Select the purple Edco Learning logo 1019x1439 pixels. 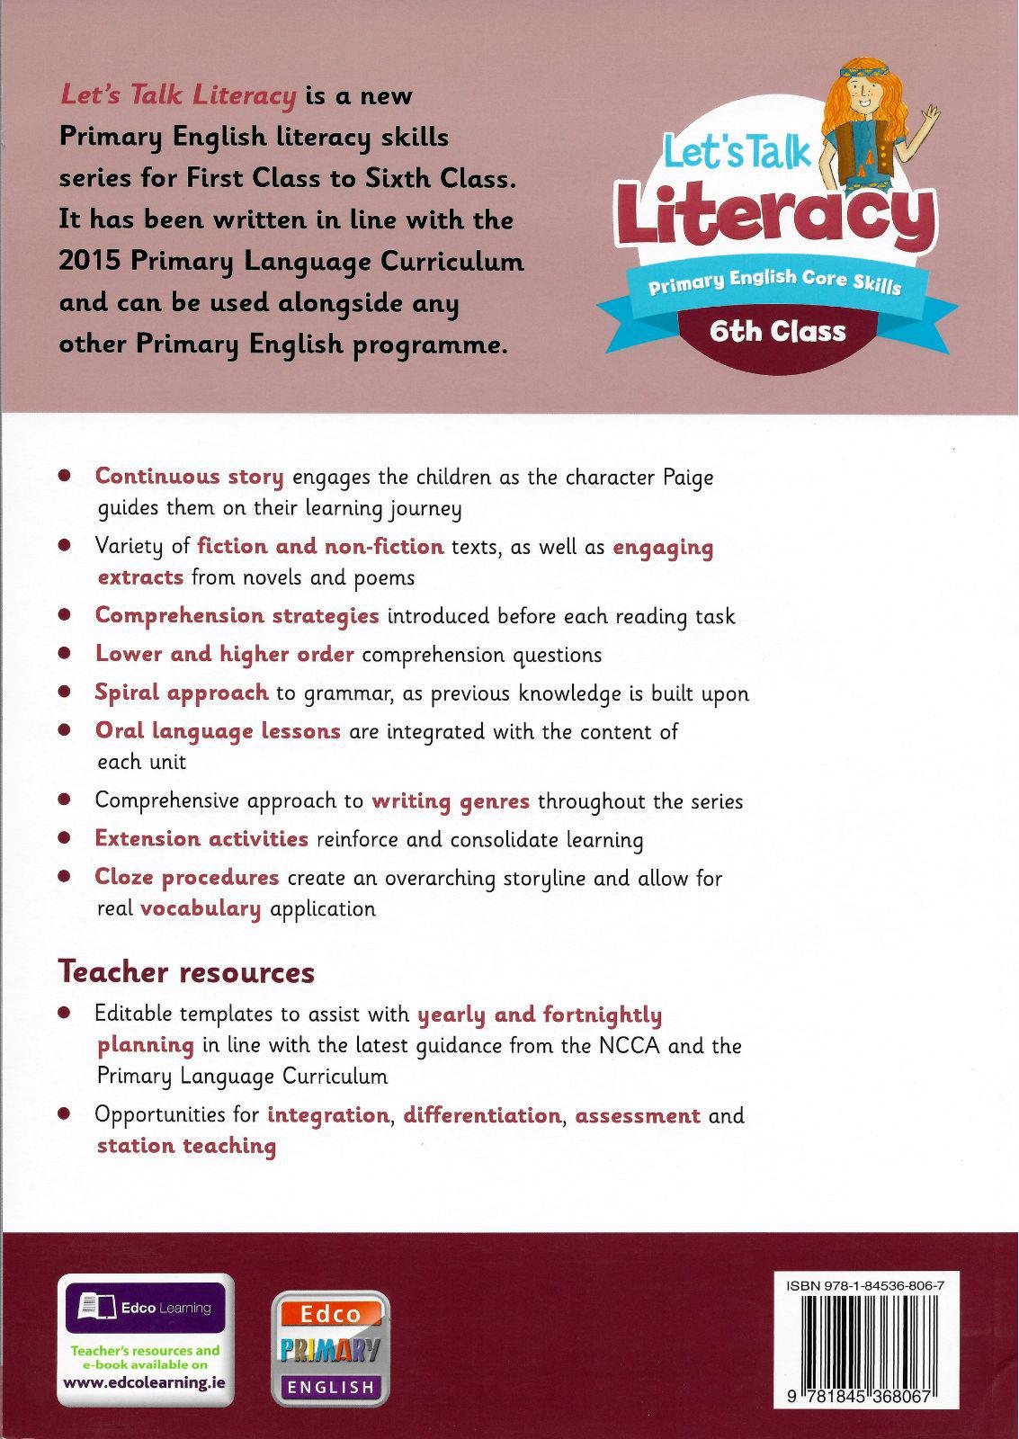pos(145,1308)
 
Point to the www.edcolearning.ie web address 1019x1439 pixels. pos(145,1383)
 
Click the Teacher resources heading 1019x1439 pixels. pos(186,972)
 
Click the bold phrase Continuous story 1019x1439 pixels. pos(189,477)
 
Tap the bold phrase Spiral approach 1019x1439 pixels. pos(182,693)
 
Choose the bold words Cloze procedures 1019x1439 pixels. pos(187,877)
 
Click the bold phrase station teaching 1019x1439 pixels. pos(186,1146)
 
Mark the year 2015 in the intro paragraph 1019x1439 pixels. pos(90,262)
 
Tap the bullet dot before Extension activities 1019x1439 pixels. pos(65,839)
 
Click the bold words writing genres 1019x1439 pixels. pos(451,801)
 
